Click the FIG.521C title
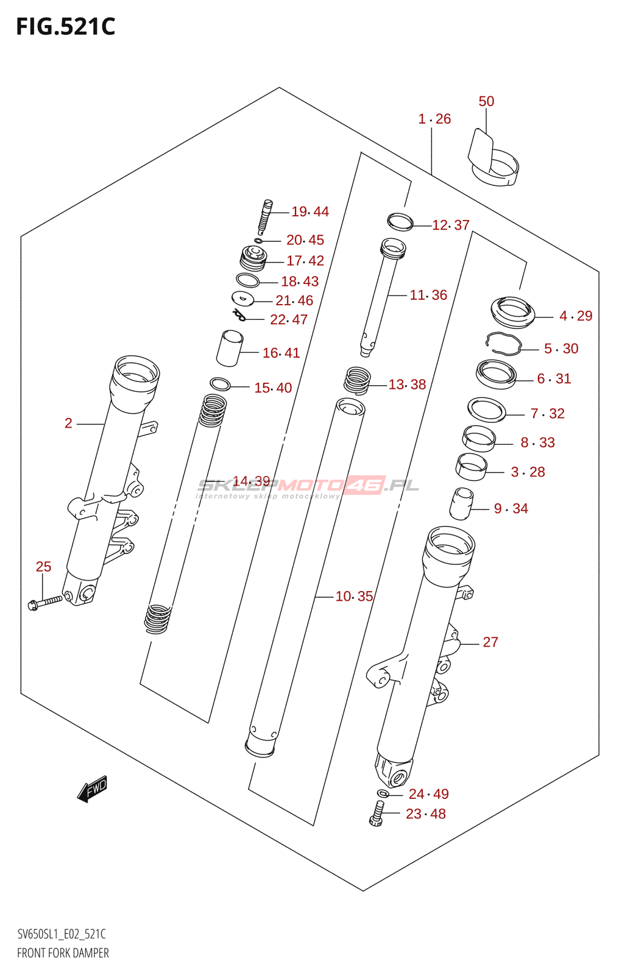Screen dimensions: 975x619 tap(65, 27)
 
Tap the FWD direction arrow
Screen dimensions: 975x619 tap(93, 789)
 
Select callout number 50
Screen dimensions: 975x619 tap(486, 101)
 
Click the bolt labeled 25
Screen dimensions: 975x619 tap(46, 603)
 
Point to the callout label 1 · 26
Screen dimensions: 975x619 tap(434, 119)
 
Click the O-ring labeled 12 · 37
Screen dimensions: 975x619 tap(400, 222)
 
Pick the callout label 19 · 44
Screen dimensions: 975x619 tap(310, 211)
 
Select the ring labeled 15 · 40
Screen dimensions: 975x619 tap(220, 384)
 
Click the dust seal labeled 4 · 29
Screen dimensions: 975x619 tap(512, 311)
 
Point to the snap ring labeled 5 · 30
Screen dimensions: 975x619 tap(503, 344)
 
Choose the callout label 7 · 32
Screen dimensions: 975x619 tap(547, 414)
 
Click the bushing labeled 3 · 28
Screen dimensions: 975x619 tap(472, 467)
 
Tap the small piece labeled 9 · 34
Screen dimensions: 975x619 tap(461, 503)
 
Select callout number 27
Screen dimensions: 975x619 tap(490, 642)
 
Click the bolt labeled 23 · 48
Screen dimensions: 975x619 tap(376, 814)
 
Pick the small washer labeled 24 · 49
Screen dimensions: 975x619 tap(383, 793)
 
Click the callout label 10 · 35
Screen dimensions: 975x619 tap(354, 596)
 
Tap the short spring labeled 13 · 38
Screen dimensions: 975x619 tap(357, 381)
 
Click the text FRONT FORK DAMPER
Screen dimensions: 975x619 tap(63, 953)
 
